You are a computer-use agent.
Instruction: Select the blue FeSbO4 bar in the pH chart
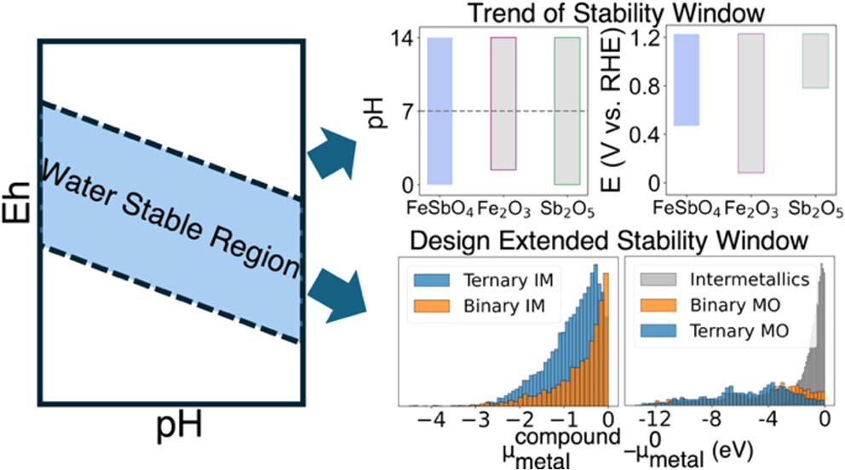coord(440,111)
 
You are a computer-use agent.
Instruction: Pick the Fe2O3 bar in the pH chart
coord(503,103)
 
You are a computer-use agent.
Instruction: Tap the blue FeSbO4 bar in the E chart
coord(686,80)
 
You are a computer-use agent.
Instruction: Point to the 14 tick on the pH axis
coord(403,38)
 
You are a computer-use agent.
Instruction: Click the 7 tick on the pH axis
coord(407,112)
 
